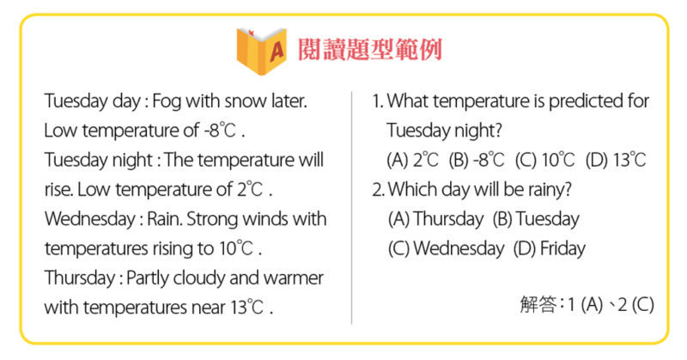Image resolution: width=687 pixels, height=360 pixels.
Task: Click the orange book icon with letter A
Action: (x=262, y=51)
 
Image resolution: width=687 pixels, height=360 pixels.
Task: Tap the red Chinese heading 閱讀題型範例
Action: (x=370, y=50)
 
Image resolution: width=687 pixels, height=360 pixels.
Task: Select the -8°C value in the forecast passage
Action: (x=220, y=131)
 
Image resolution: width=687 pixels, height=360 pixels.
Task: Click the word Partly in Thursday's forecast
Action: (x=147, y=278)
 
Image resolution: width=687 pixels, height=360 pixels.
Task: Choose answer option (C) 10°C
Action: (x=544, y=160)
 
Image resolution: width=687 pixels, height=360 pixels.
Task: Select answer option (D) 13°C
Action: (x=616, y=160)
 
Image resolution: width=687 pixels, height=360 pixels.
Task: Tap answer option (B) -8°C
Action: (x=477, y=160)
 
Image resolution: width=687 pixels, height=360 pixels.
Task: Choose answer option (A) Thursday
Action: (x=435, y=219)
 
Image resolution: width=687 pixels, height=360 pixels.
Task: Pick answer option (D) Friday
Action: (x=550, y=248)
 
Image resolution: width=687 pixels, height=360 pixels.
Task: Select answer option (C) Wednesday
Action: (x=446, y=248)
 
